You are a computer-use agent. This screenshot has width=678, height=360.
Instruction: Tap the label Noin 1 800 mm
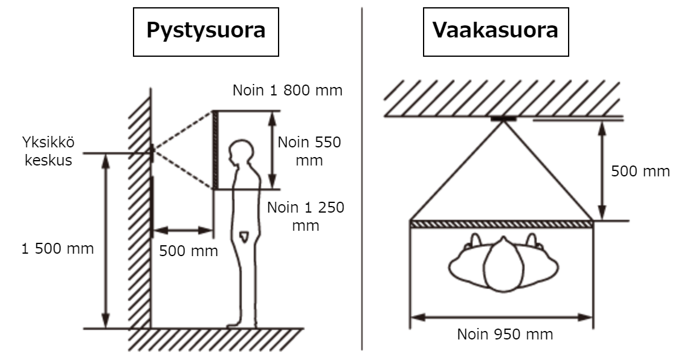288,91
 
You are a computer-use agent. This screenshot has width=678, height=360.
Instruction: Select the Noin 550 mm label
309,151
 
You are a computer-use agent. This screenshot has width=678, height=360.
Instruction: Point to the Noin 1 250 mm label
306,216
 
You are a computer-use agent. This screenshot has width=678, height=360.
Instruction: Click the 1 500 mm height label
57,248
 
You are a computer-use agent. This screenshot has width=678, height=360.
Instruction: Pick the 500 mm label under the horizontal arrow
189,251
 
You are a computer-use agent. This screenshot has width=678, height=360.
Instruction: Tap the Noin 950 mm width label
505,334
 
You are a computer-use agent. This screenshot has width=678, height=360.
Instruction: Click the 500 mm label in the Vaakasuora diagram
641,171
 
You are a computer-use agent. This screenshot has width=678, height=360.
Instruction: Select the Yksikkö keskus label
48,151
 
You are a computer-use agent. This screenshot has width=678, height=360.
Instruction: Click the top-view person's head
503,265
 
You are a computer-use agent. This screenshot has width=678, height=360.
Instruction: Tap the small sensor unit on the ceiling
503,118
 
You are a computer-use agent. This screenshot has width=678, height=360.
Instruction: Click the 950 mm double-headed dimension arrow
501,318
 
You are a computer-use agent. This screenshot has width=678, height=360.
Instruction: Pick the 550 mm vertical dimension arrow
272,150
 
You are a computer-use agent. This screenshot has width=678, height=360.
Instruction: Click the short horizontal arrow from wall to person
183,230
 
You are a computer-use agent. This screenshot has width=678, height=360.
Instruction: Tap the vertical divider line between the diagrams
362,178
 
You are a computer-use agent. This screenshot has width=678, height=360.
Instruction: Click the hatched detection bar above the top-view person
502,224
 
